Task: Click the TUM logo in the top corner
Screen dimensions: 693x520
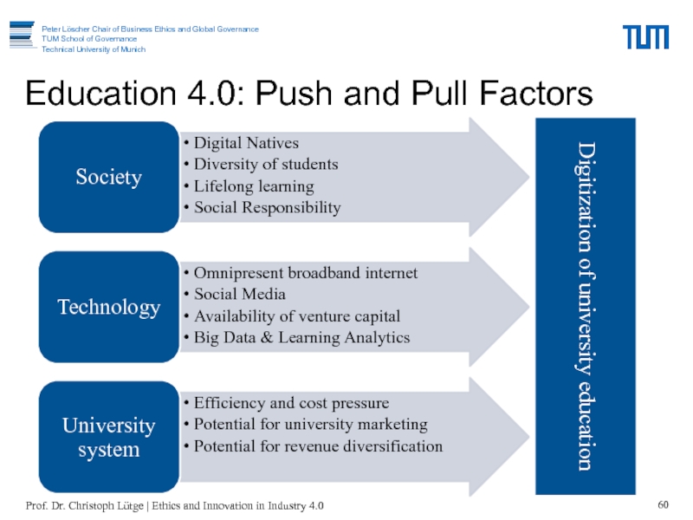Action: [645, 37]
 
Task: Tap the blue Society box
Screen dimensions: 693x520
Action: [108, 178]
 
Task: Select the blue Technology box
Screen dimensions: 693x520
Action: [108, 308]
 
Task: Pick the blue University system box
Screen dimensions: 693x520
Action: [108, 438]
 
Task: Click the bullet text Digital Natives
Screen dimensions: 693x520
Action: [246, 143]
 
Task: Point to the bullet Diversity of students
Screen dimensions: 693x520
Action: [265, 165]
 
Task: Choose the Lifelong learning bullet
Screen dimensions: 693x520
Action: [254, 186]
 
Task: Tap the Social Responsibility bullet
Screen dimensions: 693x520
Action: [267, 208]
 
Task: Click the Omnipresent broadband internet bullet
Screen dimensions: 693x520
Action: [305, 273]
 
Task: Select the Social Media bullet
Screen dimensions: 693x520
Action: [239, 295]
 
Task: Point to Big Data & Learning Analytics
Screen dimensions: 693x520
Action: [301, 338]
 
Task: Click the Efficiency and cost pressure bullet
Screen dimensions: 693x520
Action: [291, 403]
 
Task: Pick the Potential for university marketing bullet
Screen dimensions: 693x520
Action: [310, 425]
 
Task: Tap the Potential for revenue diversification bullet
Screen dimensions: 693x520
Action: [318, 446]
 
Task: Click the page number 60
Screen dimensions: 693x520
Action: [664, 505]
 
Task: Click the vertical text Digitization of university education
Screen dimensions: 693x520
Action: [586, 306]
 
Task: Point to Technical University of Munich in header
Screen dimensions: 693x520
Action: [94, 49]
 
